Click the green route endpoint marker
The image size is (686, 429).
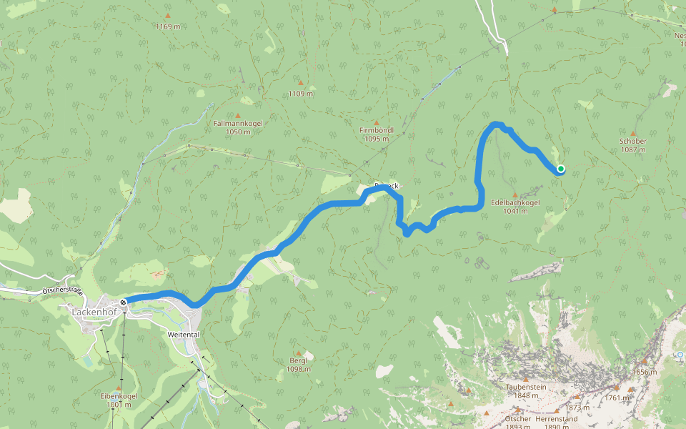click(x=561, y=169)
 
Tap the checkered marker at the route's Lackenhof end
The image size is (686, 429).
click(x=124, y=302)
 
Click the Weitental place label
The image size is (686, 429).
click(x=182, y=334)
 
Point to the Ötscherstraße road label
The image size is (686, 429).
click(x=63, y=291)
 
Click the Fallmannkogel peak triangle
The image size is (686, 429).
click(x=238, y=114)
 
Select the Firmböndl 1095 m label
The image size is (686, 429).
click(x=376, y=134)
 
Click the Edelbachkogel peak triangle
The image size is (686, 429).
click(x=515, y=194)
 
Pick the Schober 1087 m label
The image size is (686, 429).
click(x=633, y=145)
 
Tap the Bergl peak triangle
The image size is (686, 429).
click(x=299, y=352)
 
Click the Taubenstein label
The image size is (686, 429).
click(x=526, y=390)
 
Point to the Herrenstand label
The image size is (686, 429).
click(x=556, y=418)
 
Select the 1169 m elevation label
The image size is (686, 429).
click(x=168, y=26)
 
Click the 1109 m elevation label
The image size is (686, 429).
click(x=301, y=94)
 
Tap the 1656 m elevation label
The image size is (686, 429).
click(x=645, y=372)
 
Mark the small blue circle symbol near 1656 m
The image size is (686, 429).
click(x=680, y=354)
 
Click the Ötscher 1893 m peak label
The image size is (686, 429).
click(x=518, y=422)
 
